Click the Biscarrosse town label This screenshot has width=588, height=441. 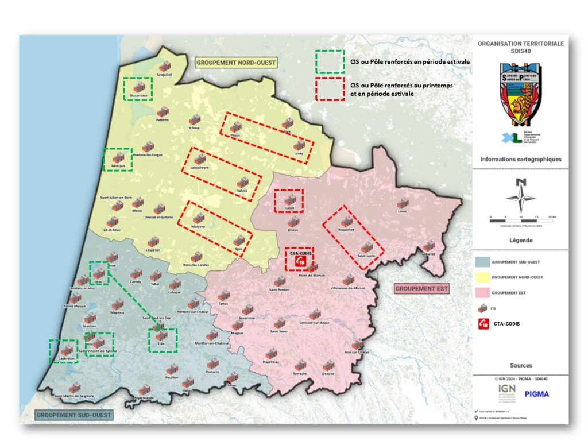click(138, 96)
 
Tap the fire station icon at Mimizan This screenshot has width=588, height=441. click(118, 157)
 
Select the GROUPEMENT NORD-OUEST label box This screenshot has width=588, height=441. click(236, 62)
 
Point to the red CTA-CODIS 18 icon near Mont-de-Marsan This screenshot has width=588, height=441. click(300, 260)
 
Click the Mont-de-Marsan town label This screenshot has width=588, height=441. click(312, 275)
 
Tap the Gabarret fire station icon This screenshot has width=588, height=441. click(429, 246)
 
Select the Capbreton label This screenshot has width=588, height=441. click(67, 359)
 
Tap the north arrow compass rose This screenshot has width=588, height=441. click(521, 195)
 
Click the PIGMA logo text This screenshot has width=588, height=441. click(536, 394)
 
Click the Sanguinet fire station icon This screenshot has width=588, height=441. click(165, 66)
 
